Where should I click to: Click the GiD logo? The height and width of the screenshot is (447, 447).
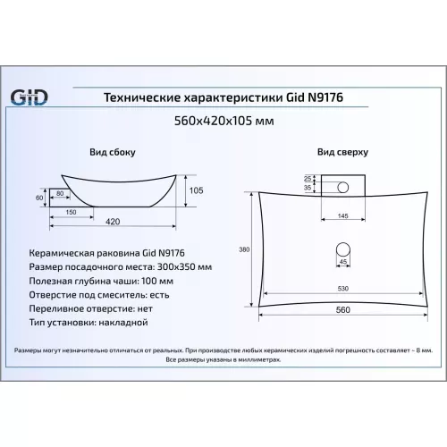[29, 97]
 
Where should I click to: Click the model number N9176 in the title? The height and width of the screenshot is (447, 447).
[325, 97]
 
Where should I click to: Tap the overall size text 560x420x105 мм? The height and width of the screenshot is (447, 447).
[223, 121]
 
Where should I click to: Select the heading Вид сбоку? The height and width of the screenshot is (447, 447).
[113, 152]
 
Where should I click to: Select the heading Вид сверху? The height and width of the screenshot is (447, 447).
[342, 152]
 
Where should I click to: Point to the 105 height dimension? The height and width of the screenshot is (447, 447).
[197, 190]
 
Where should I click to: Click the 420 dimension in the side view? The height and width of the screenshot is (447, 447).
[113, 222]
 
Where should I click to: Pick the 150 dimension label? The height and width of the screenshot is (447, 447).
[71, 212]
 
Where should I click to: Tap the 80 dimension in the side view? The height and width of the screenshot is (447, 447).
[60, 193]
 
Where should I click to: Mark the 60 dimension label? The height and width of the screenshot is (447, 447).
[39, 198]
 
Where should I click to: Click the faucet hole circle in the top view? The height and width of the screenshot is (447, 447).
[342, 188]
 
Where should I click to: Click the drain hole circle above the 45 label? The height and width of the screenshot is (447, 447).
[343, 249]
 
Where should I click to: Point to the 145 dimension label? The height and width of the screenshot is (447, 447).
[343, 215]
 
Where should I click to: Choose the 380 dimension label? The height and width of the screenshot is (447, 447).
[244, 249]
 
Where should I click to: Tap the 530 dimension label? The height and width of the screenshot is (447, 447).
[343, 289]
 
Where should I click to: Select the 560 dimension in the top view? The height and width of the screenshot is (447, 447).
[343, 310]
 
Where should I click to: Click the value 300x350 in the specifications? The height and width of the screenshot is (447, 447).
[176, 266]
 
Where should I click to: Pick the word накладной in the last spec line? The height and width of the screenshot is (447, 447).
[123, 323]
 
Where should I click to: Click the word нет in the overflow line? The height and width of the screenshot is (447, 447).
[145, 308]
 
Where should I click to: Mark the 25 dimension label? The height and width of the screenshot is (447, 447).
[308, 179]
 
